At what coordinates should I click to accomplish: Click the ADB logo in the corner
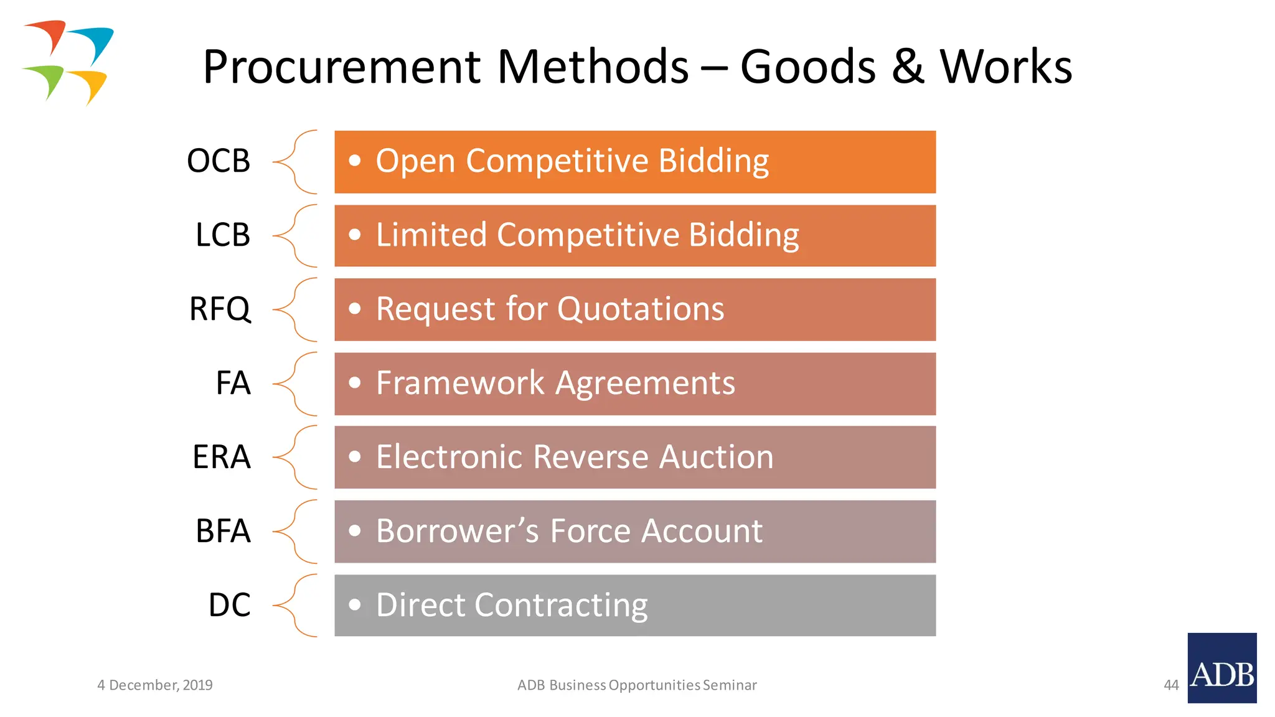pos(1221,668)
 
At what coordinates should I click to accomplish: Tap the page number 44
pos(1171,685)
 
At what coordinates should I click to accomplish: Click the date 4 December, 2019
pos(155,685)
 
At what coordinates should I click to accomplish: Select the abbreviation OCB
pos(219,161)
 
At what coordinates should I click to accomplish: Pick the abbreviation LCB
pos(223,235)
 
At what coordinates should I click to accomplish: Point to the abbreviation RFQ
pos(220,309)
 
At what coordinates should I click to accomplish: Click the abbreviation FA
pos(233,383)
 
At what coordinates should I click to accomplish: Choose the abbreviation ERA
pos(222,457)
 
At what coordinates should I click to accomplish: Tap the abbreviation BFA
pos(223,532)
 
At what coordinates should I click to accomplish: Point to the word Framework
pos(461,383)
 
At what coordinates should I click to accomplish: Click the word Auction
pos(716,457)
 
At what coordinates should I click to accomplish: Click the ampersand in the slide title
pos(908,67)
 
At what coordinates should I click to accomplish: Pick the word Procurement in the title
pos(342,67)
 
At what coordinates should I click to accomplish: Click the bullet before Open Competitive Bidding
pos(355,161)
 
